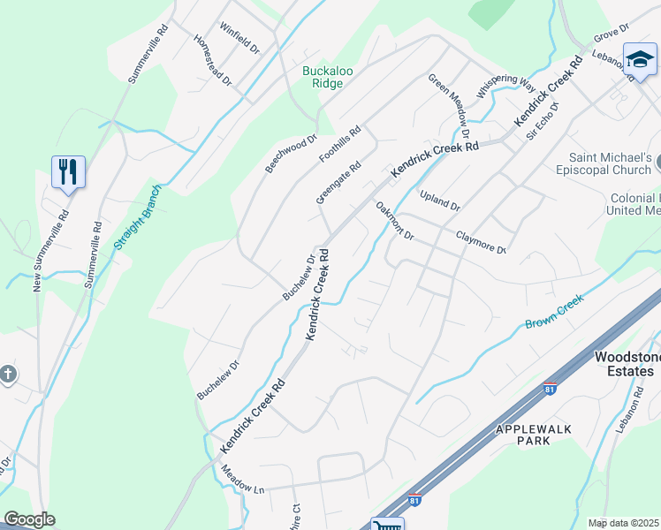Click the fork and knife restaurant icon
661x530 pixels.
[x=68, y=171]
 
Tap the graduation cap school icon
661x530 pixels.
[x=639, y=59]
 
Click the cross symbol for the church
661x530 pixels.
[x=8, y=374]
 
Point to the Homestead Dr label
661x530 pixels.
[x=213, y=60]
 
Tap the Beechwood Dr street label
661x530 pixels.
[x=290, y=154]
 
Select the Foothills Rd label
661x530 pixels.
[x=340, y=143]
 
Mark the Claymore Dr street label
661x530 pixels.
[x=480, y=242]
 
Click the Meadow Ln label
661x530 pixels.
[x=242, y=481]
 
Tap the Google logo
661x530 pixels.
[x=29, y=519]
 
